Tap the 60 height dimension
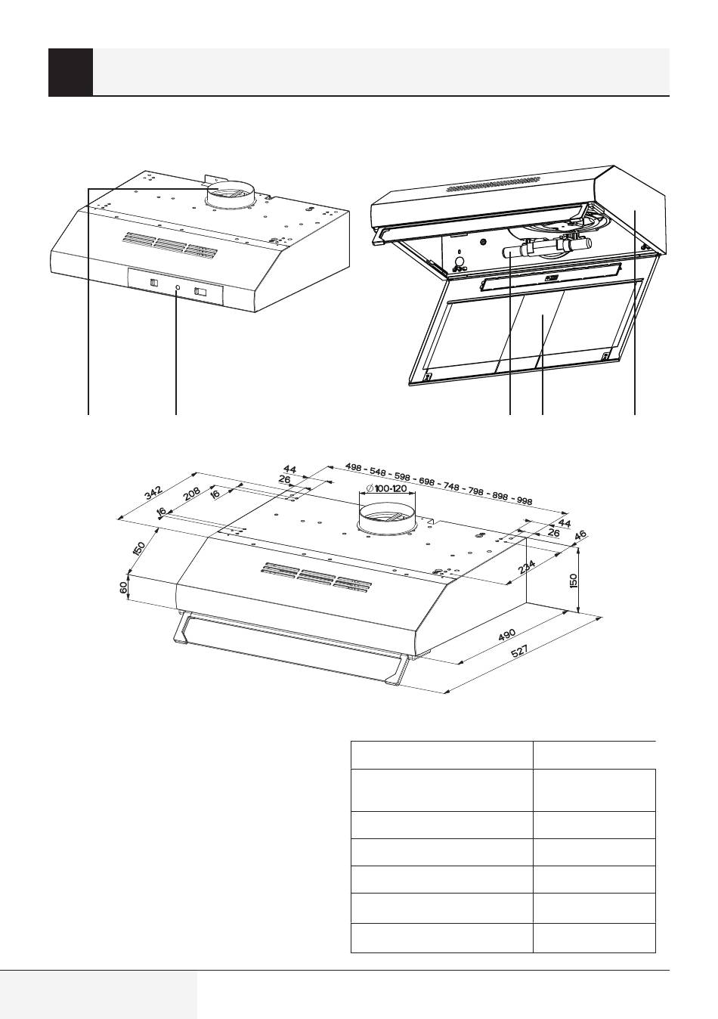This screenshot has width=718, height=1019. [x=124, y=587]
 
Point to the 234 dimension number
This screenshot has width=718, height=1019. [x=528, y=566]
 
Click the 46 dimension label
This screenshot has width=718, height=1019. [x=580, y=537]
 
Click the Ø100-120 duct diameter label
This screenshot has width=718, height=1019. [x=388, y=488]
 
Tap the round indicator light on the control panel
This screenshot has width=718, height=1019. [x=177, y=288]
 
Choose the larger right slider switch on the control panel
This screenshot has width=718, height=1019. [x=200, y=291]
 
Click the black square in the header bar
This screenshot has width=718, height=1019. [x=70, y=73]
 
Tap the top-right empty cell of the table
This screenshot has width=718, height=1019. [x=594, y=754]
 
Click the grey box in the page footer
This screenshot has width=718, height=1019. [x=98, y=995]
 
